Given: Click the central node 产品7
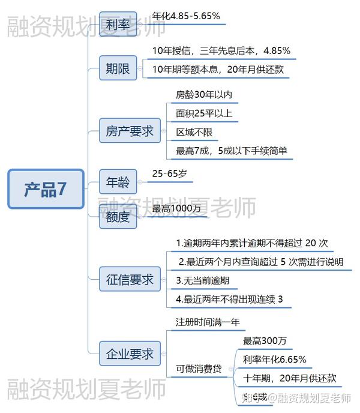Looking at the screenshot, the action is click(x=46, y=189).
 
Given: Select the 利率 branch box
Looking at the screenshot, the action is click(x=118, y=25).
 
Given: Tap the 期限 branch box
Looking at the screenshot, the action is click(x=118, y=68).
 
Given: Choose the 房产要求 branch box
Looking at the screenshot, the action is click(x=130, y=131).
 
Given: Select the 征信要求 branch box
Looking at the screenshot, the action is click(x=130, y=280).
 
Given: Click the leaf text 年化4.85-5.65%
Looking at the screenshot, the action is click(x=186, y=16).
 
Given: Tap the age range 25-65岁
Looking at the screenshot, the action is click(x=169, y=173).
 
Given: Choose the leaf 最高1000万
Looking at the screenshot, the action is click(x=176, y=208).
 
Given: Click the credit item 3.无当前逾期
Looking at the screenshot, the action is click(x=203, y=280).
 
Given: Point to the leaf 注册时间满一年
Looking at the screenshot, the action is click(x=208, y=322).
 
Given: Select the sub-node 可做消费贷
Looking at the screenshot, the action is click(x=199, y=369).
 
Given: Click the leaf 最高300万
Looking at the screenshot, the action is click(x=265, y=341).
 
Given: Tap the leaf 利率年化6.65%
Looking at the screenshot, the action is click(x=275, y=360).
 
